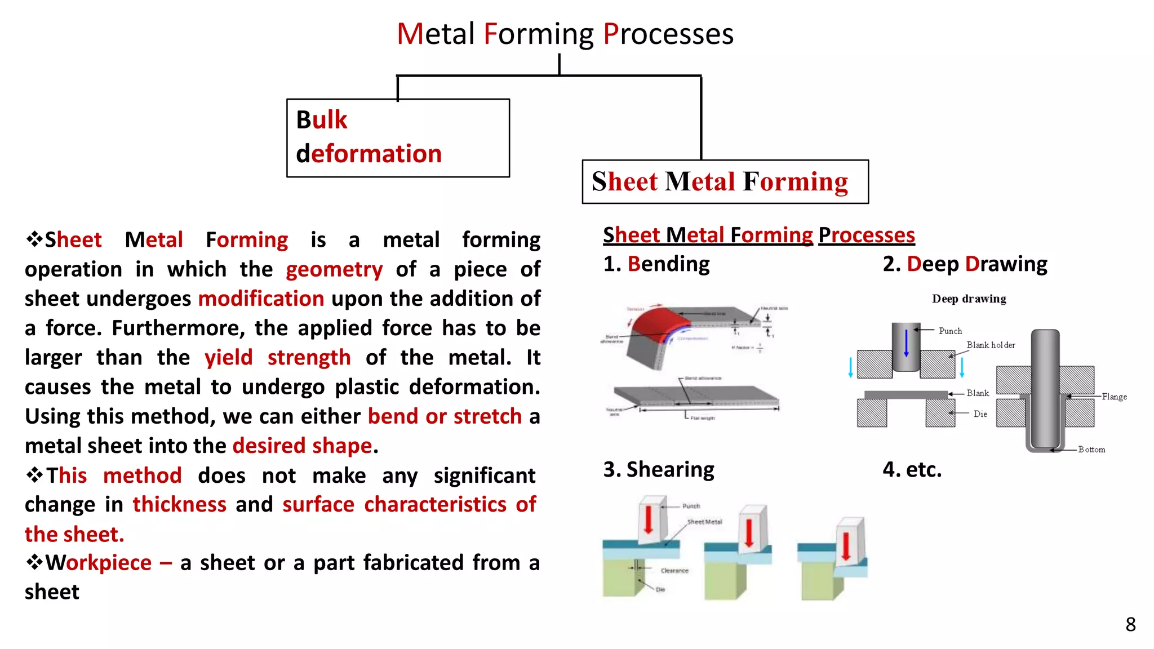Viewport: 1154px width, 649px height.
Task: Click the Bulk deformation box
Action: (398, 138)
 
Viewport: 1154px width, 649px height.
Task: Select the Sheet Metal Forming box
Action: (725, 182)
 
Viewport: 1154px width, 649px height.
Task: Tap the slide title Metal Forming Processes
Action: (565, 34)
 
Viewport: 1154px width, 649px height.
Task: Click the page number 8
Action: (1130, 624)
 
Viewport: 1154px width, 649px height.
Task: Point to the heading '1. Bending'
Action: (656, 264)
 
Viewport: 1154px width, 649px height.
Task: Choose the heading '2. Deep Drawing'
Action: (965, 264)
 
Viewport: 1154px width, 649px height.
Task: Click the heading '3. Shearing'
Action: (659, 469)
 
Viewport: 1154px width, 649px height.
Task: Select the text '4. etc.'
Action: (912, 469)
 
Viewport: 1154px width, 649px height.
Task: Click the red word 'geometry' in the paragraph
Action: (334, 270)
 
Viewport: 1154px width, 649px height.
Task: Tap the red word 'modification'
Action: (261, 299)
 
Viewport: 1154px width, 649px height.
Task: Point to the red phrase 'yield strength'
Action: (277, 358)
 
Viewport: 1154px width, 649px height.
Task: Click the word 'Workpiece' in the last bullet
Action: (99, 563)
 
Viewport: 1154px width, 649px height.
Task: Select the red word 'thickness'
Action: (179, 504)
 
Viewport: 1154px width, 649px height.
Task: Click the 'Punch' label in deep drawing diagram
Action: (950, 331)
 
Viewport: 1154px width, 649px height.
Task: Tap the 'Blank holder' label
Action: (991, 345)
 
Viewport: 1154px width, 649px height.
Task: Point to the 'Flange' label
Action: (1114, 397)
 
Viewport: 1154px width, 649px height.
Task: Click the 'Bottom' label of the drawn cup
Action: (1091, 450)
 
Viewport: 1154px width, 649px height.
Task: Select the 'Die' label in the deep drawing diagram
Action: (980, 414)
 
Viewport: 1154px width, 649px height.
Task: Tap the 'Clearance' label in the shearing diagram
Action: (674, 571)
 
